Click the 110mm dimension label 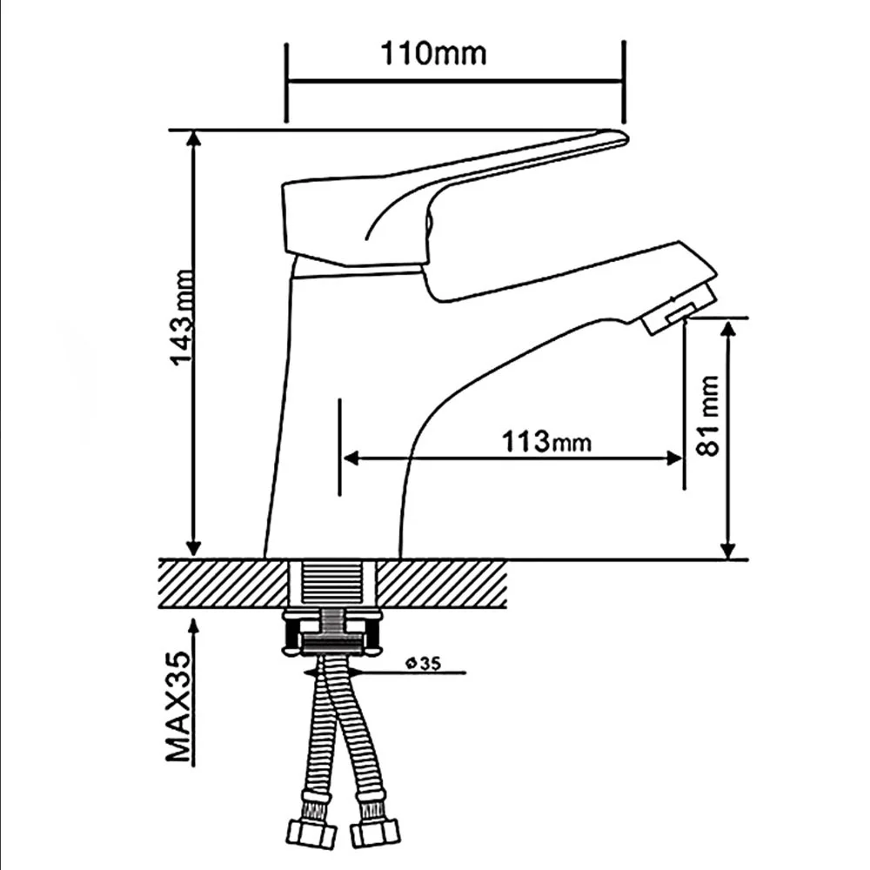[x=433, y=54]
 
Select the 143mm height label [x=183, y=318]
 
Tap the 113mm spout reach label [x=546, y=442]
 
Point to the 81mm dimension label [x=707, y=416]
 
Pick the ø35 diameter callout [x=423, y=662]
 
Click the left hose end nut [x=312, y=833]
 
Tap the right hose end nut [x=374, y=833]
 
